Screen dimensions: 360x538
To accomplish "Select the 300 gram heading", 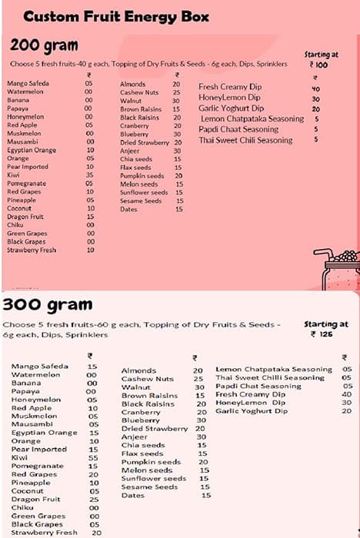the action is [48, 304].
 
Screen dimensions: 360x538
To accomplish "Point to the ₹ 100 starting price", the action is [320, 65].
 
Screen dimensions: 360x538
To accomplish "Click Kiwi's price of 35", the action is [90, 175].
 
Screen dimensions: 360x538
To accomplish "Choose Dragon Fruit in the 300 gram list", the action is [31, 500].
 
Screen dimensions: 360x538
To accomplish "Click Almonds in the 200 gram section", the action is [132, 83].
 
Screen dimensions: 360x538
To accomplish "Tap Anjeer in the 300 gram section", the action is [134, 437].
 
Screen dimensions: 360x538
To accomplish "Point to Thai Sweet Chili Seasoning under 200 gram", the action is [245, 141].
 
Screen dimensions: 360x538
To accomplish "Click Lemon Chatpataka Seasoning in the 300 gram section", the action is [274, 370].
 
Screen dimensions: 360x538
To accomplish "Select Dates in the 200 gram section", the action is [128, 209].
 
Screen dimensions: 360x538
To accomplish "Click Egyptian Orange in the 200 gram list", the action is [32, 150].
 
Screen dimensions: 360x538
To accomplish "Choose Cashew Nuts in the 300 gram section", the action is [148, 379].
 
